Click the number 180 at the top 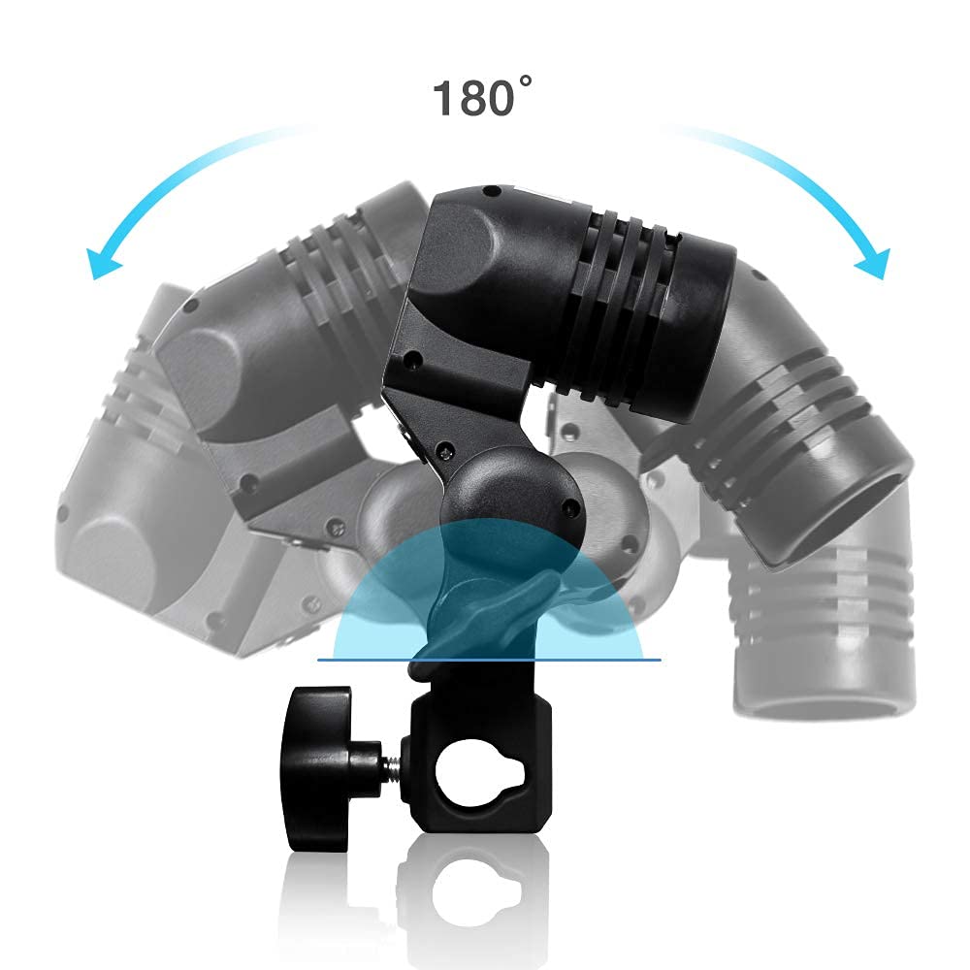click(473, 98)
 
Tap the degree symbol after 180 click(525, 81)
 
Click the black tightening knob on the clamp click(317, 768)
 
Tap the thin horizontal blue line click(489, 660)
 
